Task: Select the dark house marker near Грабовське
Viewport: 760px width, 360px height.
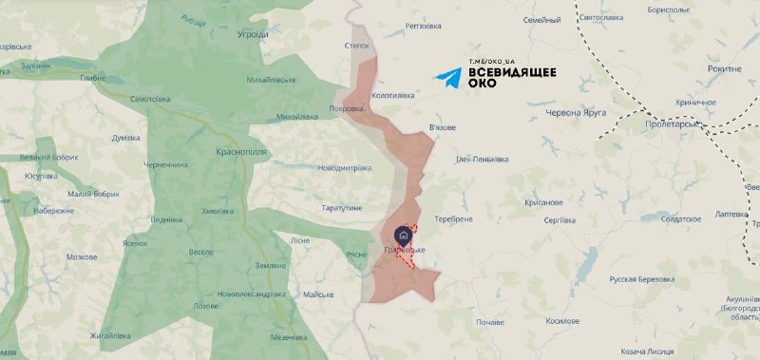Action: point(402,234)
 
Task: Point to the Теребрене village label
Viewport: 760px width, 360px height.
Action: point(453,218)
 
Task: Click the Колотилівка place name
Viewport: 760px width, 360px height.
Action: point(395,95)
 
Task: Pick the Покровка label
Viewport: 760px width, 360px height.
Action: point(346,108)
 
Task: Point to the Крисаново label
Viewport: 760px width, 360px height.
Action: point(543,201)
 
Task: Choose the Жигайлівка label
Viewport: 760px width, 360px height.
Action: point(110,336)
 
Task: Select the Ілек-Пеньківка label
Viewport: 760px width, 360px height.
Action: point(483,159)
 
